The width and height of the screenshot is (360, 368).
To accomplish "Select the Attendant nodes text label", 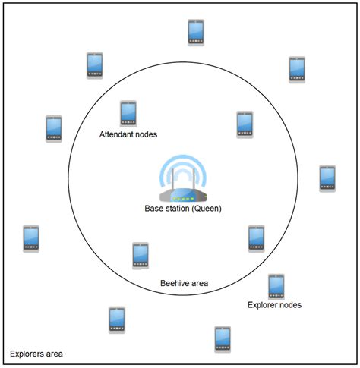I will (x=128, y=135).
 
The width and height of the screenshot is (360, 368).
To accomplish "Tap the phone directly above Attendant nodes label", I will (x=128, y=113).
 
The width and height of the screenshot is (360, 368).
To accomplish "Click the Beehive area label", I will (x=184, y=284).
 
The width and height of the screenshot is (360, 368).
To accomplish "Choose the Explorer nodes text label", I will (x=275, y=305).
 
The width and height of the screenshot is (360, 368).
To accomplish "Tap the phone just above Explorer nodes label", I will (x=276, y=286).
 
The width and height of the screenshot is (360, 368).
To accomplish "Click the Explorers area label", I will (x=36, y=354).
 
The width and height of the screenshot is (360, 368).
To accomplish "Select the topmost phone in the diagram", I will (x=196, y=32).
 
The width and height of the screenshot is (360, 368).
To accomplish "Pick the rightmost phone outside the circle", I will (x=327, y=178).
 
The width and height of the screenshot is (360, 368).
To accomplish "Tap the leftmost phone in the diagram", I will (x=31, y=238).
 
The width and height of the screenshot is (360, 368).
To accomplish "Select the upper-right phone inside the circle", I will (x=245, y=124).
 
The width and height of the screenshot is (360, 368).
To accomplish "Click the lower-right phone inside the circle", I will (x=256, y=238).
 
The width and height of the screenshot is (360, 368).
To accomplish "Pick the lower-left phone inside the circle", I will (x=141, y=256).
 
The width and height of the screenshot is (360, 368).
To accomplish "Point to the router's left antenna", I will (x=172, y=181).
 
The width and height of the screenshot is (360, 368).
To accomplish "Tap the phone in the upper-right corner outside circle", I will (x=297, y=69).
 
